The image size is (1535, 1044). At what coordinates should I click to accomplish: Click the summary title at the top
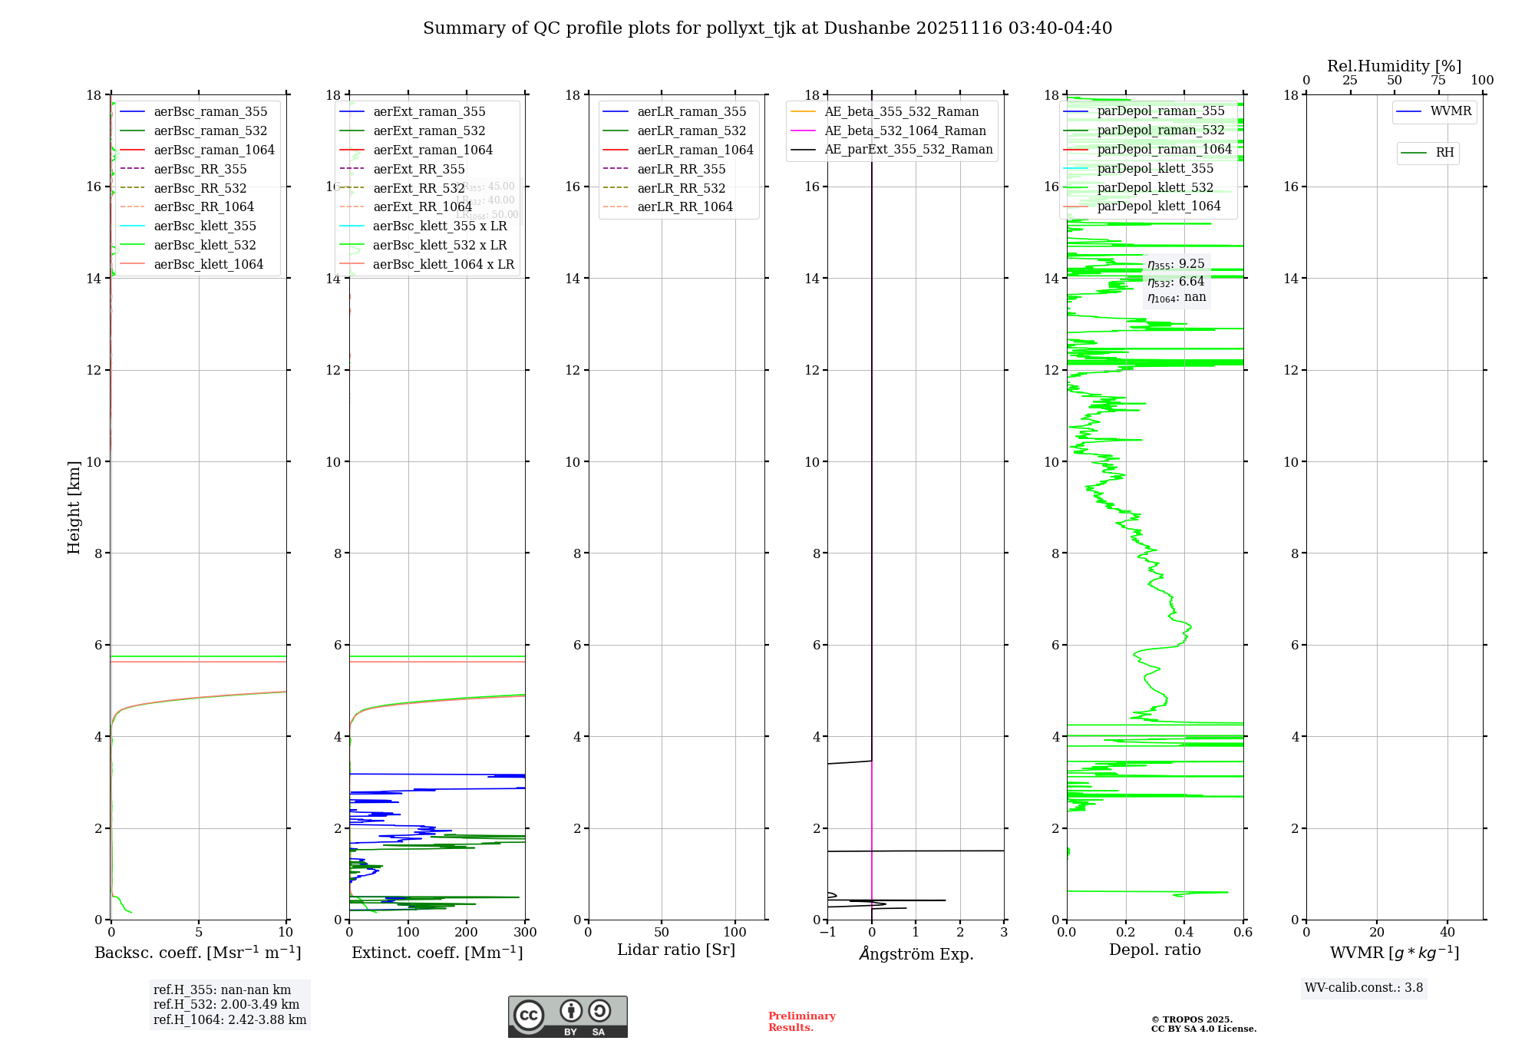(767, 28)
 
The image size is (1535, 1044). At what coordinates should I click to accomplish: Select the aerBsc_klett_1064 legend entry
(208, 264)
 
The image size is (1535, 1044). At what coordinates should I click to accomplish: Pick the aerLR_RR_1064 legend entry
(685, 207)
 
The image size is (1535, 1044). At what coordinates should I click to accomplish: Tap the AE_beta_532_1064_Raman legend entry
(905, 131)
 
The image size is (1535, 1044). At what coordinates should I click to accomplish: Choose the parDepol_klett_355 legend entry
(1155, 169)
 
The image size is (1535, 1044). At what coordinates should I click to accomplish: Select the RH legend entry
(1444, 153)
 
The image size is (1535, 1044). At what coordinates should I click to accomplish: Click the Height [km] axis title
(74, 507)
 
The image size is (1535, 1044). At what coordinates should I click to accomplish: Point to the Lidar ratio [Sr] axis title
(676, 950)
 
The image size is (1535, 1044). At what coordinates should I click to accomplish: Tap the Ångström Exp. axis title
(916, 953)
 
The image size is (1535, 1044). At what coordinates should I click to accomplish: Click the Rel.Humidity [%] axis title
(1394, 66)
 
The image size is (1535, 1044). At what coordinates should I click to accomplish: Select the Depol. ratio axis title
(1154, 950)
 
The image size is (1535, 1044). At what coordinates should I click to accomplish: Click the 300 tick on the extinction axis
(525, 933)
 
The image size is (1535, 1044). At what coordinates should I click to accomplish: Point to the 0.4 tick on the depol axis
(1184, 933)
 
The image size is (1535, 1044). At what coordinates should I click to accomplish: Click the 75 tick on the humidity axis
(1438, 81)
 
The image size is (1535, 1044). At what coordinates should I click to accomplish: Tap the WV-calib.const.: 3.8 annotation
(1364, 988)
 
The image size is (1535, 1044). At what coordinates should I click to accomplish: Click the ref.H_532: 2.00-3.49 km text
(226, 1005)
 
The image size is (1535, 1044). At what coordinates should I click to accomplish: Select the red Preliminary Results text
(801, 1022)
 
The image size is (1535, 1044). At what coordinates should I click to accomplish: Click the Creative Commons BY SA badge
(567, 1017)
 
